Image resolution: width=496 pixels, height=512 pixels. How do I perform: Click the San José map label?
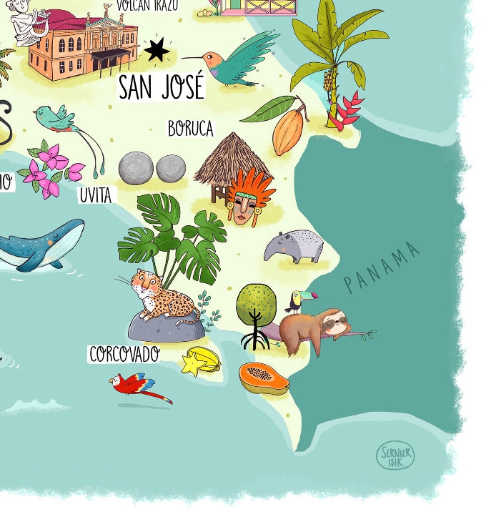[x=162, y=87]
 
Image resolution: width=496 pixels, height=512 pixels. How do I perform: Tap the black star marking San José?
[x=157, y=50]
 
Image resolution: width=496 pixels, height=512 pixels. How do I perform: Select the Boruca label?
[x=191, y=129]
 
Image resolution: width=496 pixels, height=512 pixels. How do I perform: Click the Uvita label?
[x=96, y=195]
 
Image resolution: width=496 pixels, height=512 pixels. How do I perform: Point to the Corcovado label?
[x=124, y=354]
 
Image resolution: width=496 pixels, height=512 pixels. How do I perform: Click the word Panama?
[x=382, y=267]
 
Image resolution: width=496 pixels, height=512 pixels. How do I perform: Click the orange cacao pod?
[x=288, y=127]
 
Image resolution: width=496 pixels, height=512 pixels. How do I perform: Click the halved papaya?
[x=263, y=378]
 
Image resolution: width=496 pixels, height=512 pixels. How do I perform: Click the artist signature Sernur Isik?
[x=395, y=456]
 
